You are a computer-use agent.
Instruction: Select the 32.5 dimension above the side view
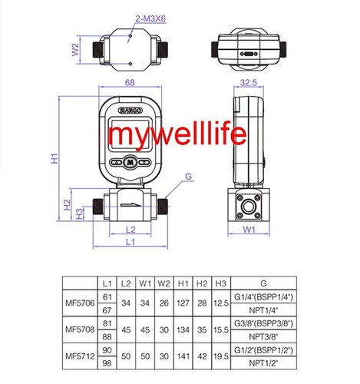pos(248,83)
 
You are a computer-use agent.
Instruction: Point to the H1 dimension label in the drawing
pos(54,160)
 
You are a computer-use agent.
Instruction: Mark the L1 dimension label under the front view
pos(129,243)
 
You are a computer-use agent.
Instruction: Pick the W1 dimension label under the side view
pos(249,230)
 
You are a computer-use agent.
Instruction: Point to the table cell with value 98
pos(107,362)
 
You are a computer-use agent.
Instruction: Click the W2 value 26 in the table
pos(164,303)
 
